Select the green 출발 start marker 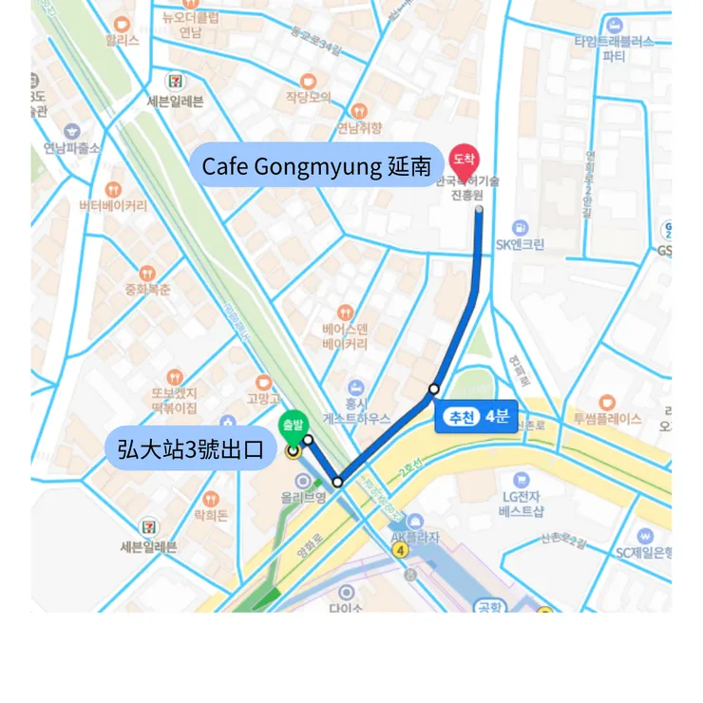point(292,428)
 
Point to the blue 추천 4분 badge point(476,417)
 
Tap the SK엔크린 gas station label point(520,244)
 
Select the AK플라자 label point(415,537)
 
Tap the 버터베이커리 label point(112,205)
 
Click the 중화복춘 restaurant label point(146,289)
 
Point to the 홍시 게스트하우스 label point(355,410)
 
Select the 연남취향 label point(358,128)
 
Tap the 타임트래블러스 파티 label point(614,47)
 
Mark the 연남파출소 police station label point(71,148)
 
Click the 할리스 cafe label point(122,41)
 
